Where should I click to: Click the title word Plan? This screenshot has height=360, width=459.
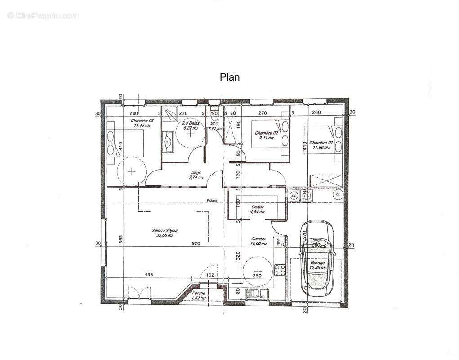pos(229,77)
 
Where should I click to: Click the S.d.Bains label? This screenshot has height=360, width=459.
pos(191,123)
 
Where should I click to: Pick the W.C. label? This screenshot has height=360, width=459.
pos(214,124)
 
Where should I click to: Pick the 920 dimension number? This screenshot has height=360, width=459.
pos(196,243)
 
